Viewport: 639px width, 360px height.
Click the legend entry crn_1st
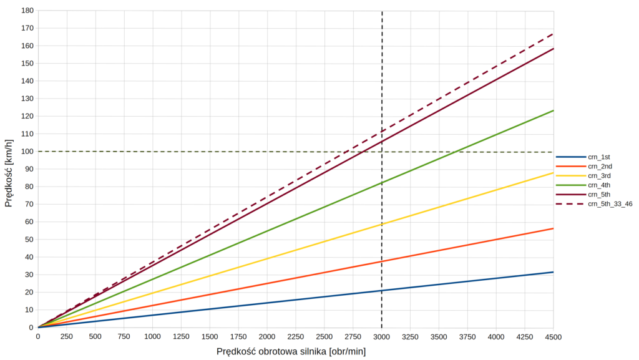(599, 157)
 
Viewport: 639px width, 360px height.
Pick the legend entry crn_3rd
(598, 175)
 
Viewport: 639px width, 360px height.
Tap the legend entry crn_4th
(598, 185)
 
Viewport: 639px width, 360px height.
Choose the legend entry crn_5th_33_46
(610, 204)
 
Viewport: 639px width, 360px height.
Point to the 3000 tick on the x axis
(382, 337)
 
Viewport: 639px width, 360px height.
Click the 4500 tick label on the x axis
(554, 337)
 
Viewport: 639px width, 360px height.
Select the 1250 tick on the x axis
(181, 337)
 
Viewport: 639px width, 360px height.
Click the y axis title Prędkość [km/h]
(9, 169)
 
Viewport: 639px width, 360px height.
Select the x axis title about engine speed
(291, 351)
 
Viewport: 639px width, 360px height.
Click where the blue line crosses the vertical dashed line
(382, 291)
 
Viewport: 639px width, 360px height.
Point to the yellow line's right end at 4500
(554, 173)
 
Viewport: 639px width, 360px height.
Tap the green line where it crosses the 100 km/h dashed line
(457, 152)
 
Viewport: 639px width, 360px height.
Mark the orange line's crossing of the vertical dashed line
(382, 261)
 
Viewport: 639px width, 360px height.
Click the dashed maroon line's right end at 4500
(554, 34)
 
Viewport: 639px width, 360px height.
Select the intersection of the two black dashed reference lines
(382, 152)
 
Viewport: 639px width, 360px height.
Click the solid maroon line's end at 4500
(554, 49)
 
